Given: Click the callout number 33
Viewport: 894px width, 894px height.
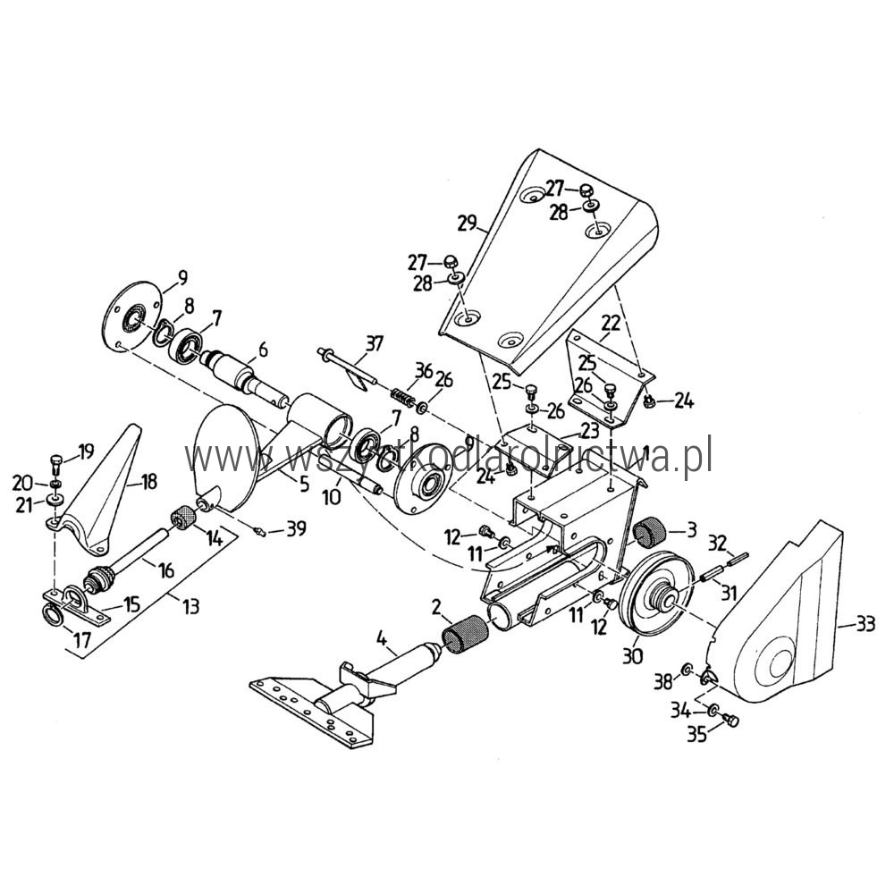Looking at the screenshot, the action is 865,626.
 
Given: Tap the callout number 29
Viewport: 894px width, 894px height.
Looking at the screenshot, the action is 468,223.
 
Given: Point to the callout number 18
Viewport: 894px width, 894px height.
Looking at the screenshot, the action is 148,482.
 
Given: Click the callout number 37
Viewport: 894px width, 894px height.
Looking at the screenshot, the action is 374,343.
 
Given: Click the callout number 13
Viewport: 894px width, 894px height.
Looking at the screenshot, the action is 190,605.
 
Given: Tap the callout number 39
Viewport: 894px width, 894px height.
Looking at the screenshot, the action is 296,528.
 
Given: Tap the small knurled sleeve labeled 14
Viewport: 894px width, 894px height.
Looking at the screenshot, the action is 183,518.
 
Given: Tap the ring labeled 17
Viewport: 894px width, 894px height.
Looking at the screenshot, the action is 54,615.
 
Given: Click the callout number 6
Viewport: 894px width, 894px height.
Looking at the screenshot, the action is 262,350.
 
